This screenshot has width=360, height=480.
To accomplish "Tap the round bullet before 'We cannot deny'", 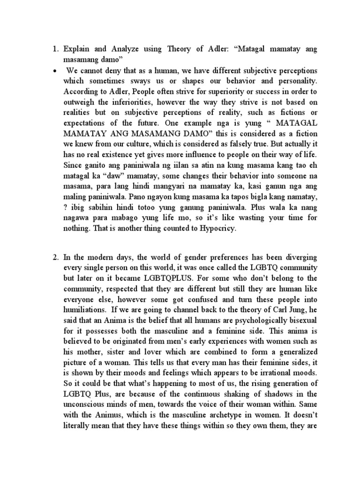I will tap(55, 71).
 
